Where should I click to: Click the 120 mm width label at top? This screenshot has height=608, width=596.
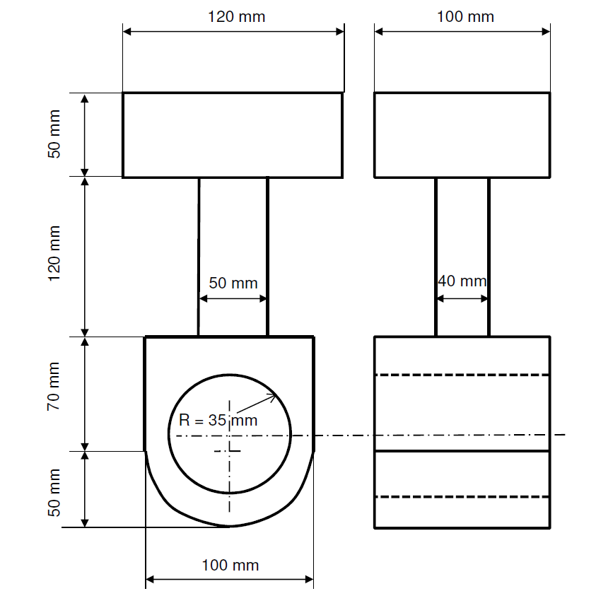coord(236,16)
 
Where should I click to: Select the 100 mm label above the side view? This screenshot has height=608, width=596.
coord(464,16)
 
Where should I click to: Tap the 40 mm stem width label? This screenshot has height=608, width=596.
coord(462,281)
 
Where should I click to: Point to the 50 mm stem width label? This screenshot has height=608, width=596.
coord(233,283)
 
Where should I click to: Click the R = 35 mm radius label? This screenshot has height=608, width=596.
coord(218,419)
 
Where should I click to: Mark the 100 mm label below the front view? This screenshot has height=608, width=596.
coord(230,565)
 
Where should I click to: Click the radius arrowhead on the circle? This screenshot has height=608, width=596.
coord(274,397)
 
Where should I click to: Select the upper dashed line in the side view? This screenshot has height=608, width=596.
coord(462,375)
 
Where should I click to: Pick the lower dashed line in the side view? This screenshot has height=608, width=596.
coord(462,497)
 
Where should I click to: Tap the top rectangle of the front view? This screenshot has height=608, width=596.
coord(233,134)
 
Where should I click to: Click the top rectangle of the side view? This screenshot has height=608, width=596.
coord(462,134)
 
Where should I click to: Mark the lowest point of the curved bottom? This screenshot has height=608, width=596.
coord(229,526)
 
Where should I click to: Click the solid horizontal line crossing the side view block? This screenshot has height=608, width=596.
coord(462,450)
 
